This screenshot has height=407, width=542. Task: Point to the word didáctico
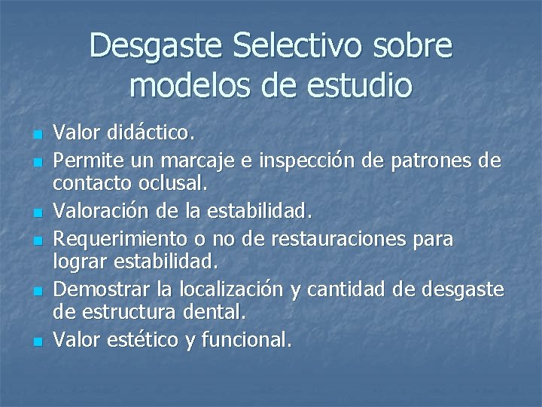[148, 133]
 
